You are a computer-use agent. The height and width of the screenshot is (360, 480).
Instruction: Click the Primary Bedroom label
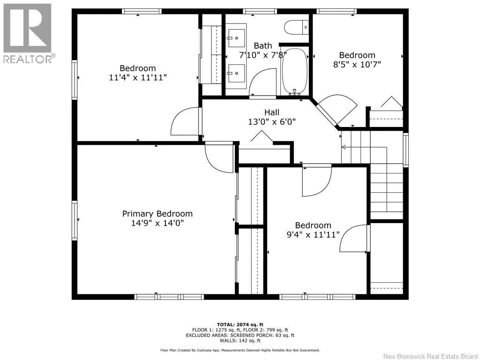point(157,214)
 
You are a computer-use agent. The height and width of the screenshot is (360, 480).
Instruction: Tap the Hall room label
point(272,112)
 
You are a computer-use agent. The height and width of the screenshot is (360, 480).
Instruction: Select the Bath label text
point(262,45)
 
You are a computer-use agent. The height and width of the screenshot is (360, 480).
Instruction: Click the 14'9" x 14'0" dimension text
point(157,223)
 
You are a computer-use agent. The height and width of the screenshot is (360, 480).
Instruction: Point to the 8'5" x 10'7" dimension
point(357,65)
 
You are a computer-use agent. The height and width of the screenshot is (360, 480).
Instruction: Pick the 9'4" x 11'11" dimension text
point(313,235)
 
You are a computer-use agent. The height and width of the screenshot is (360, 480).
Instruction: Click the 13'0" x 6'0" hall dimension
point(272,122)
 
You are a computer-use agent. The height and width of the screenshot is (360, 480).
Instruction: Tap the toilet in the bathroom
point(296,27)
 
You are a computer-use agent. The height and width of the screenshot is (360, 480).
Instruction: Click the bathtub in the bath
point(294,71)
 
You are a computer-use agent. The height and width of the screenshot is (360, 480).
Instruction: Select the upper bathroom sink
point(236,38)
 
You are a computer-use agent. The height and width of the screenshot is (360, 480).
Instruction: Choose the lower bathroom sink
point(236,73)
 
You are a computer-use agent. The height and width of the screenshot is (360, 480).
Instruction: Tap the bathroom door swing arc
point(262,82)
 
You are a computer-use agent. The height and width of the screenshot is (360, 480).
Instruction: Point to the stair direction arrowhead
point(344,147)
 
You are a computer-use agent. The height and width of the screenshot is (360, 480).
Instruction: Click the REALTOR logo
point(28,33)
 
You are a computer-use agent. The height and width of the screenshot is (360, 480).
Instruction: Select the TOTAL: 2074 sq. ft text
point(240,324)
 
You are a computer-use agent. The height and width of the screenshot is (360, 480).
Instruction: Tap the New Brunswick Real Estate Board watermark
point(430,356)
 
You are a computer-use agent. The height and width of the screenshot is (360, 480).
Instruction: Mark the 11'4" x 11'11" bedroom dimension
point(138,77)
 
